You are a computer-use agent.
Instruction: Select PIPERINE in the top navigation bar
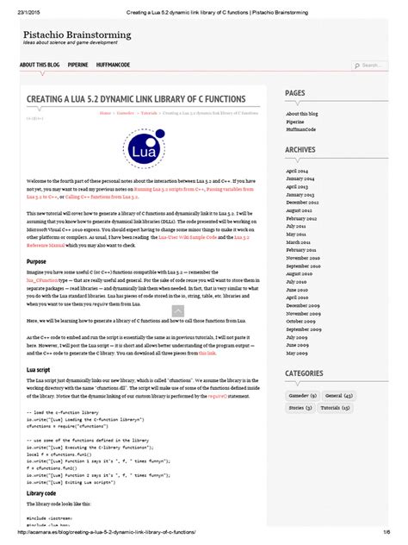click(x=78, y=65)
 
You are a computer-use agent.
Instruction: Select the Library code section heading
click(x=43, y=468)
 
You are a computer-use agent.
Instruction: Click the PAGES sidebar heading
click(x=295, y=93)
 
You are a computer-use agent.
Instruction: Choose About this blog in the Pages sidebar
click(x=303, y=113)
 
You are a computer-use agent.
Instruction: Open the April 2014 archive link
click(x=297, y=171)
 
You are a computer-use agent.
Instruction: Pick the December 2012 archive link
click(x=304, y=203)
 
